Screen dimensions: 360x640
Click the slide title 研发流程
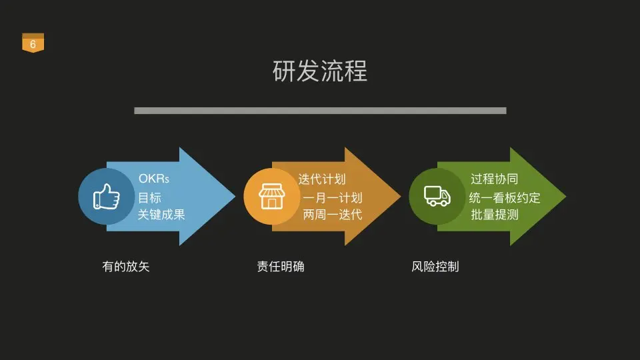(320, 71)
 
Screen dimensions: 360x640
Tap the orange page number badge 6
(33, 44)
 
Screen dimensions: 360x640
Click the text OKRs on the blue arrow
(154, 179)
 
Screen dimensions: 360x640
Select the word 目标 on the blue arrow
(150, 197)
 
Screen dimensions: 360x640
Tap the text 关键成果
(161, 215)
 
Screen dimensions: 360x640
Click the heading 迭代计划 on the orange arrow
(322, 179)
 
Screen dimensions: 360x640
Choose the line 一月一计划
(333, 197)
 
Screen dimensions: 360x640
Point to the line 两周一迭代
(333, 215)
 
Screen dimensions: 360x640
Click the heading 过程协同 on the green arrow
(494, 179)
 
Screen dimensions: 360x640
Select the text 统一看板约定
(505, 197)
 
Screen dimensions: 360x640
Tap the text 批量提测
(494, 215)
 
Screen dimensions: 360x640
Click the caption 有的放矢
(126, 267)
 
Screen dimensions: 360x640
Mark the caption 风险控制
(435, 267)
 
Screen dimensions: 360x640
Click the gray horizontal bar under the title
(320, 111)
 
